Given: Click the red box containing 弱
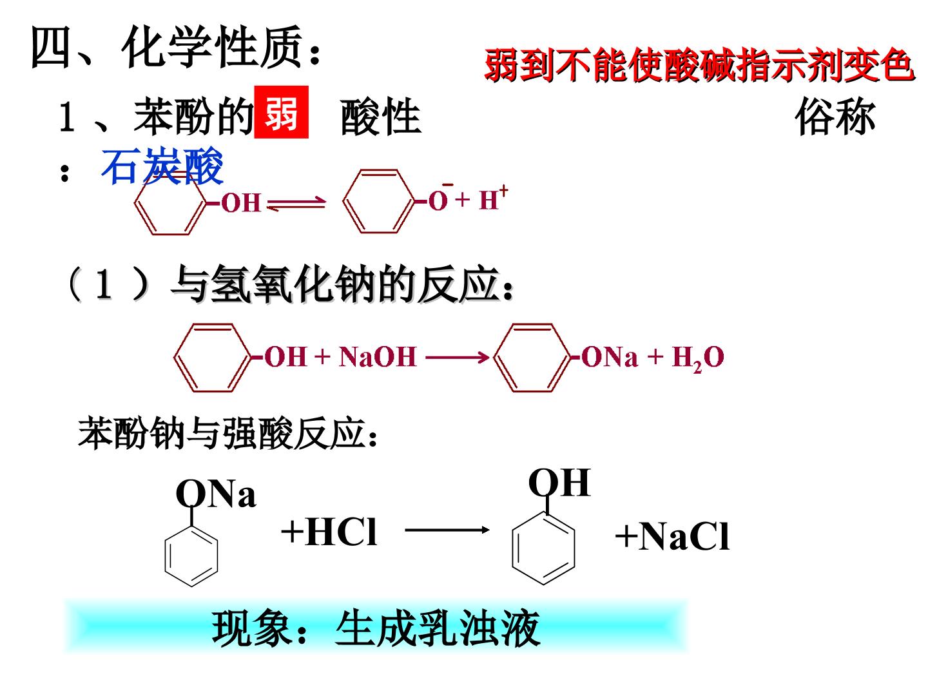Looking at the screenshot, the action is (x=281, y=112).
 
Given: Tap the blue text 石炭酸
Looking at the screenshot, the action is (x=162, y=166).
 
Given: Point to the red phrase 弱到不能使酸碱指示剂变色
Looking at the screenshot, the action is (x=700, y=64).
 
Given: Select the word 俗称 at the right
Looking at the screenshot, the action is (x=835, y=117).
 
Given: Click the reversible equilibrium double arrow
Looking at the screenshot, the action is (x=296, y=203).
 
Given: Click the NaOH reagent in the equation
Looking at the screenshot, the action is (x=378, y=356).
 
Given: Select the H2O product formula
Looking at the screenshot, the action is (x=698, y=358).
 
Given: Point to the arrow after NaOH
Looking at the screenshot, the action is (x=458, y=358).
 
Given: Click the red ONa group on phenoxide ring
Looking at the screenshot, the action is (x=610, y=357).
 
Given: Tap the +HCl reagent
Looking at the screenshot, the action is (x=329, y=532).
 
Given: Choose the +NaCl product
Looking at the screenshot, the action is (x=673, y=536).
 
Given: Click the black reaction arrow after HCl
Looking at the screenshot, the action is (x=447, y=530).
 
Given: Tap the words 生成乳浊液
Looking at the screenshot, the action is (x=438, y=629).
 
